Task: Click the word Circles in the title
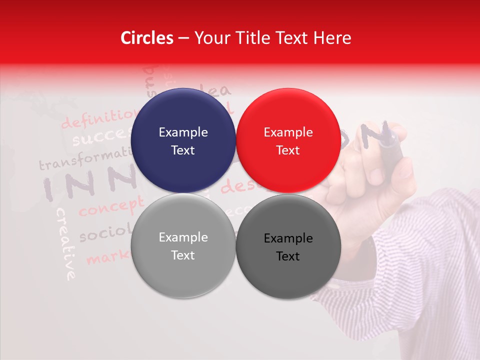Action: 147,38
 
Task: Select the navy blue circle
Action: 183,140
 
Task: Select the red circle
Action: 288,140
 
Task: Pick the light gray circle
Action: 183,245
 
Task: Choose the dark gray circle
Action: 288,246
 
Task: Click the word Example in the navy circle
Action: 183,132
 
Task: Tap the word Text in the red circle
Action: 288,150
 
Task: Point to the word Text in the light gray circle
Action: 183,255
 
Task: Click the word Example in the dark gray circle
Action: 288,238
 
